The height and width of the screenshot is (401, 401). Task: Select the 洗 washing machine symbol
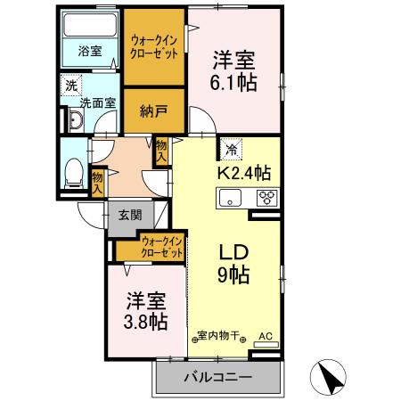pos(69,87)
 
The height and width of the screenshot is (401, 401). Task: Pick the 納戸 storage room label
pos(153,112)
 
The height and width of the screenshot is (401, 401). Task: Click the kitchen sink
pos(232,199)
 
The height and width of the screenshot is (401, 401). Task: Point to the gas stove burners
pos(266,199)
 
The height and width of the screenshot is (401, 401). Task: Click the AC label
pos(264,337)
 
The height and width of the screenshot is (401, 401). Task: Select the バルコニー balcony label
pos(217,377)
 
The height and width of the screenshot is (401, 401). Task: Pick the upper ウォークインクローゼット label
pos(153,47)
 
